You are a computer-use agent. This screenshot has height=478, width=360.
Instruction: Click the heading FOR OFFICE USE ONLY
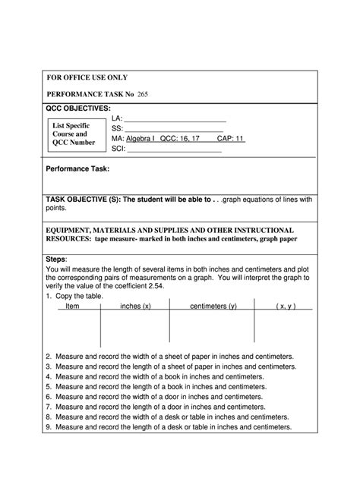click(88, 77)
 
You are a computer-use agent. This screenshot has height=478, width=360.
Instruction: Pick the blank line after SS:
click(173, 130)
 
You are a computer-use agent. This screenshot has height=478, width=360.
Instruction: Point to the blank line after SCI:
click(174, 149)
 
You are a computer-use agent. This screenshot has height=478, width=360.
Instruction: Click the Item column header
click(72, 306)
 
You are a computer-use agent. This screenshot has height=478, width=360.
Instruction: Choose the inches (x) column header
click(136, 306)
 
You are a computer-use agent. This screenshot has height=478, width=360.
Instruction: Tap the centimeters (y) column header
click(213, 306)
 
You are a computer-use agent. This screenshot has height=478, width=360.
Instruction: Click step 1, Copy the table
click(77, 296)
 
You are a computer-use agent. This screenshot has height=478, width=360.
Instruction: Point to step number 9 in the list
click(49, 427)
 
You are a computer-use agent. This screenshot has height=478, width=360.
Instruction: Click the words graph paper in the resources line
click(278, 239)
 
